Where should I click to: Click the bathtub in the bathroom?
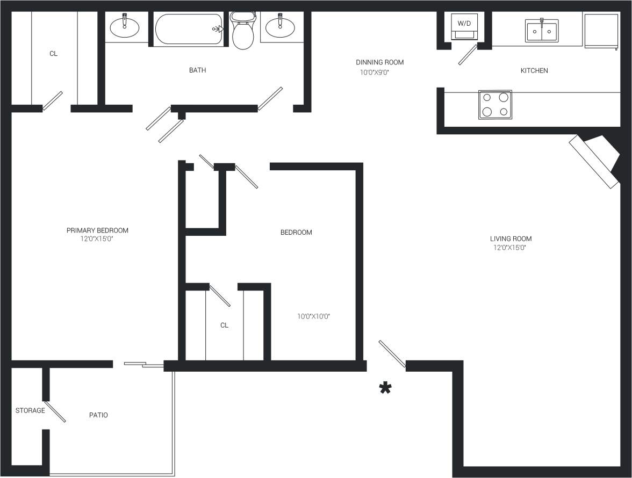[189, 30]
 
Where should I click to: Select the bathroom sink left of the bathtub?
[125, 27]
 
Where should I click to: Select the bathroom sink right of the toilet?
[281, 27]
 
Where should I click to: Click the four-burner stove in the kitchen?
[495, 104]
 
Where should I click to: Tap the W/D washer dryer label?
[463, 24]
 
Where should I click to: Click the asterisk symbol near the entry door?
[385, 388]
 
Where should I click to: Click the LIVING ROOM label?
[511, 239]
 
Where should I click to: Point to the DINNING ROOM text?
[379, 62]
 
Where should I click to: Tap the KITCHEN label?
[534, 71]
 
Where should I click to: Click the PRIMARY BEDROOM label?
[97, 230]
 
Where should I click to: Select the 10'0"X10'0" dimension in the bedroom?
[313, 317]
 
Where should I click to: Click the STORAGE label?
[30, 411]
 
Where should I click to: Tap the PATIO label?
[98, 415]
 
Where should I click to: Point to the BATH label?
[197, 70]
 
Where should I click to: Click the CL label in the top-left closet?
[53, 54]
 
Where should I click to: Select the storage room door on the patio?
[55, 411]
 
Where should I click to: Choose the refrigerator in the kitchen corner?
[601, 31]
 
